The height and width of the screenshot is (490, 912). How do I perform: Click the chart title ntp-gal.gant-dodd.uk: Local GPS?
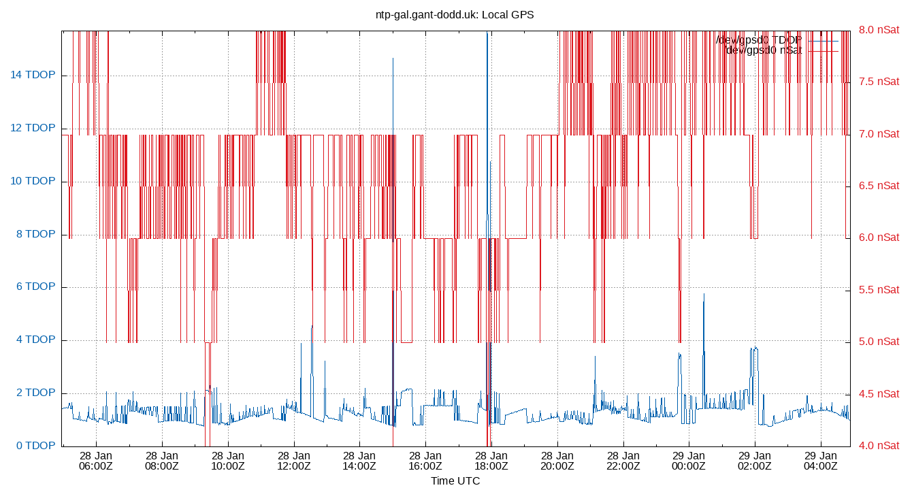(455, 14)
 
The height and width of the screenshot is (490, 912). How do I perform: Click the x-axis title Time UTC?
(455, 480)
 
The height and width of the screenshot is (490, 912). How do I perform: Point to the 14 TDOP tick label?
(32, 75)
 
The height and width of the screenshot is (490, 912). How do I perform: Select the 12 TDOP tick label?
(32, 128)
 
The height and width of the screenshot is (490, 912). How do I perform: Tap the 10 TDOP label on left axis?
(32, 181)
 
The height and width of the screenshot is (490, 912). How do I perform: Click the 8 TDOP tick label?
(35, 234)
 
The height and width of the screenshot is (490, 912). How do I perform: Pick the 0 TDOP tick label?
(35, 446)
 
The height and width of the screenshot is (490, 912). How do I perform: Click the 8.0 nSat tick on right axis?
(879, 30)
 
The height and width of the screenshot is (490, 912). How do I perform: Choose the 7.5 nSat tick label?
(879, 82)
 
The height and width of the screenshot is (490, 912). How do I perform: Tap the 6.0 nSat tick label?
(879, 238)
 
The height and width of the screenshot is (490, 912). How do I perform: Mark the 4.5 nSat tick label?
(879, 393)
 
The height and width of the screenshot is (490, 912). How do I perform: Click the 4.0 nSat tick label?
(879, 446)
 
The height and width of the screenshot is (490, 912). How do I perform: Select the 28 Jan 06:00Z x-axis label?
(96, 461)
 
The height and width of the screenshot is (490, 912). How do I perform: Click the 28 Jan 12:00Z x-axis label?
(294, 461)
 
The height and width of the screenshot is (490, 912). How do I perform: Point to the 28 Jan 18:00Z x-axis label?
(491, 461)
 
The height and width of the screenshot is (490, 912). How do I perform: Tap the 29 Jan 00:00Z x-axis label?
(689, 461)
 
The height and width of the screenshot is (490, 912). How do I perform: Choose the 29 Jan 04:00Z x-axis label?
(821, 461)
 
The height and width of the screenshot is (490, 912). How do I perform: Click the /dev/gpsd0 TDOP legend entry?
(759, 40)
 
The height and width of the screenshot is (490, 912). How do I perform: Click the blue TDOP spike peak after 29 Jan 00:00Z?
(704, 294)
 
